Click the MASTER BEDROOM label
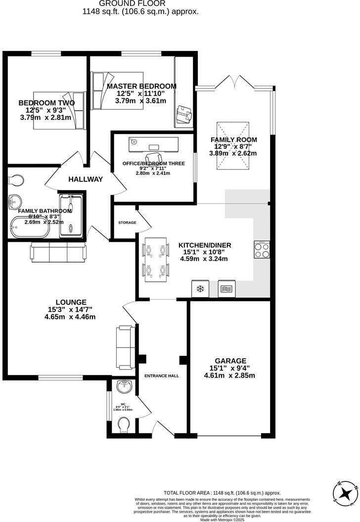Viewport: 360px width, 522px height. tap(141, 87)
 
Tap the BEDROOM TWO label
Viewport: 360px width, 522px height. tap(46, 103)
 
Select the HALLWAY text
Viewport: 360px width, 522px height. tap(86, 179)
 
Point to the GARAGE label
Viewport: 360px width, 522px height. tap(230, 361)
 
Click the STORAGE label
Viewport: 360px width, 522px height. tap(127, 223)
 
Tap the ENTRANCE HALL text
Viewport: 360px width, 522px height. tap(161, 376)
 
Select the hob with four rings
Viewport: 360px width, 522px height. tap(262, 250)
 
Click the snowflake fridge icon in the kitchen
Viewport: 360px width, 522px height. tap(201, 289)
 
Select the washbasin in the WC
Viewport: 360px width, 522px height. tap(123, 385)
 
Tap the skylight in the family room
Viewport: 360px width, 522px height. tap(232, 146)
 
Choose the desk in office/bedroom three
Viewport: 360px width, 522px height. tap(154, 144)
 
